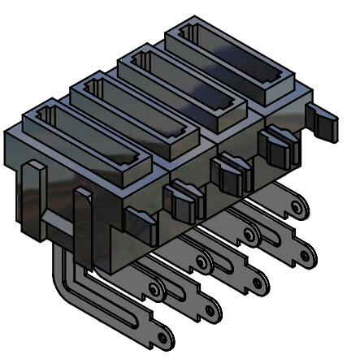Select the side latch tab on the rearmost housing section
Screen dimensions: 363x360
(275, 146)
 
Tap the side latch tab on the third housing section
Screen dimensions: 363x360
(228, 171)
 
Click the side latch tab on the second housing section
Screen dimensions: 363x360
(180, 198)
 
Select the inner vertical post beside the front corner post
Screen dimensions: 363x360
(82, 219)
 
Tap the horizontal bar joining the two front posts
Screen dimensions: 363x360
(57, 223)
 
